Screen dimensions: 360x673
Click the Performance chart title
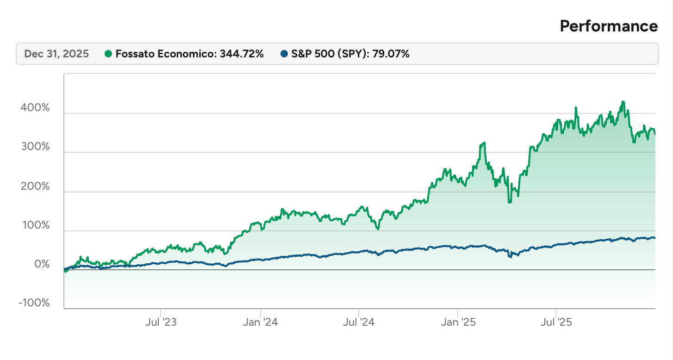coord(608,26)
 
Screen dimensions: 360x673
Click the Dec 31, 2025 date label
coord(56,54)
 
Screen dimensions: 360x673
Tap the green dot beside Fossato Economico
coord(109,54)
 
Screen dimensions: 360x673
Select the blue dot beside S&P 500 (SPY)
coord(284,54)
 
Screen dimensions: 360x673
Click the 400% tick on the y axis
coord(35,108)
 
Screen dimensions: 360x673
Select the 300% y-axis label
coord(35,147)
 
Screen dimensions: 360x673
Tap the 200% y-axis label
coord(35,186)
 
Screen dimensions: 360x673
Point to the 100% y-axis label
coord(35,225)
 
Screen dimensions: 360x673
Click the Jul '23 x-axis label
coord(161,322)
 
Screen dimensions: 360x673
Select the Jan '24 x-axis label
coord(261,322)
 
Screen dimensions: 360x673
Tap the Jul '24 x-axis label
coord(359,322)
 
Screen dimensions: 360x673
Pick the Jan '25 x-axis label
coord(458,322)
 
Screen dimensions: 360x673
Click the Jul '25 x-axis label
coord(556,322)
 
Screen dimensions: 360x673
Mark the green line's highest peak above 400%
coord(623,102)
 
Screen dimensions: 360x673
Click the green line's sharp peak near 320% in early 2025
coord(484,143)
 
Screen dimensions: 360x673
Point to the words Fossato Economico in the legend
coord(164,54)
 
